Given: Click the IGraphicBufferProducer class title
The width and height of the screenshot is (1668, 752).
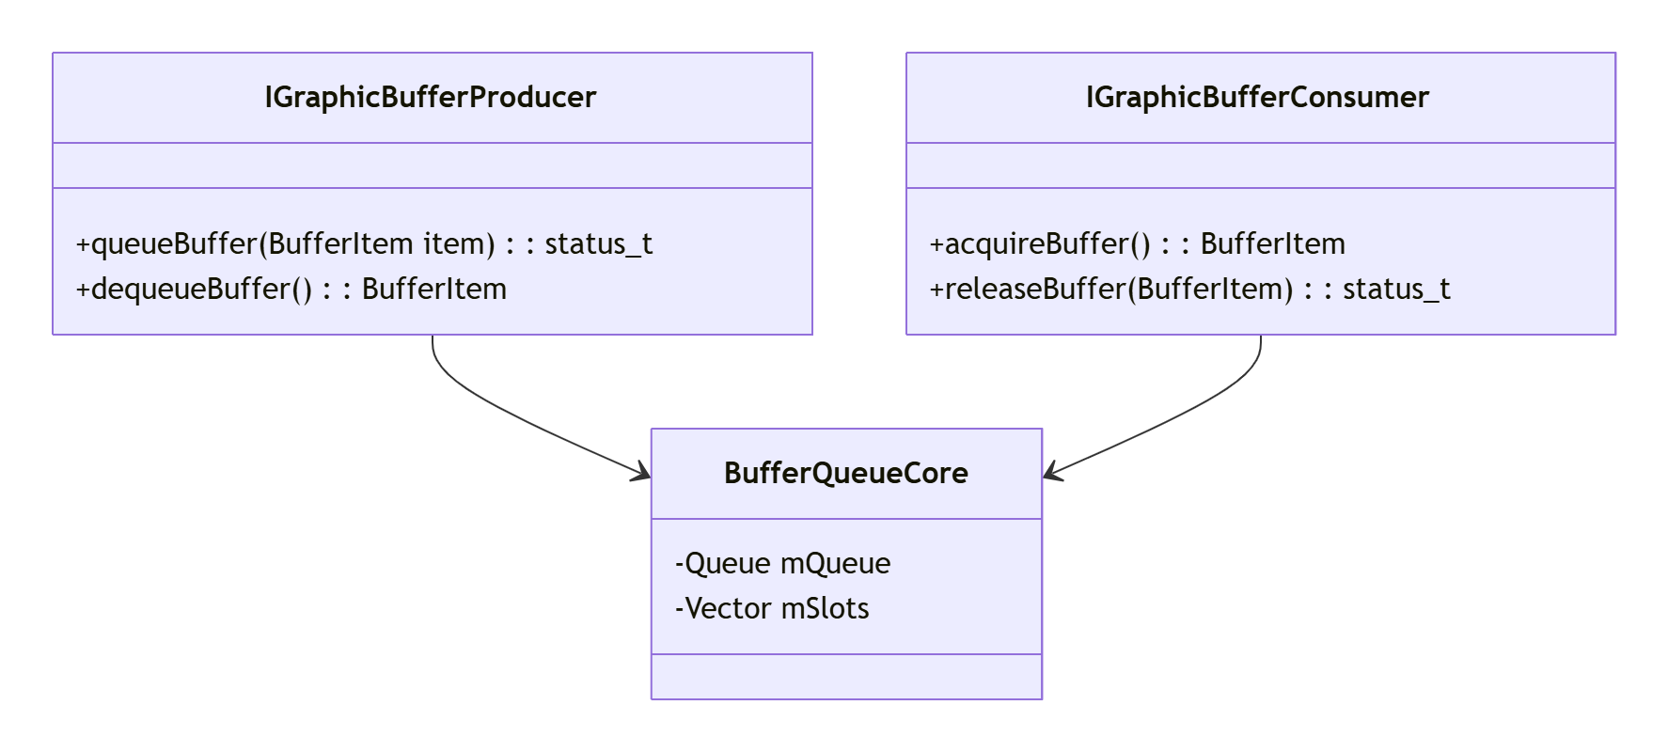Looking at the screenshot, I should pyautogui.click(x=431, y=97).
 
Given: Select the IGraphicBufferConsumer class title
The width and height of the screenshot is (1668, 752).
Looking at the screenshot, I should pyautogui.click(x=1257, y=97).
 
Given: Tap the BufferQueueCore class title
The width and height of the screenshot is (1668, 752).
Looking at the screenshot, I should pyautogui.click(x=846, y=473).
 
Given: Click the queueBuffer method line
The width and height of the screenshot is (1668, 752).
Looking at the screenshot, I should pyautogui.click(x=364, y=243).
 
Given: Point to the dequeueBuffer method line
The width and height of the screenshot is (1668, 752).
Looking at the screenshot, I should pyautogui.click(x=291, y=289).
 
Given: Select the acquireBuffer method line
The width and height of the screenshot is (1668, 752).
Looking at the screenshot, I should pyautogui.click(x=1137, y=243).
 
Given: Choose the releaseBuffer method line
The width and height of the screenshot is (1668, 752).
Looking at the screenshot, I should pyautogui.click(x=1189, y=289).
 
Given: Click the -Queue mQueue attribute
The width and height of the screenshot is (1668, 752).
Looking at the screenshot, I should pyautogui.click(x=782, y=563).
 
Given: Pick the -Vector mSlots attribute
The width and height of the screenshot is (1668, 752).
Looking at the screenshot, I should pyautogui.click(x=772, y=608).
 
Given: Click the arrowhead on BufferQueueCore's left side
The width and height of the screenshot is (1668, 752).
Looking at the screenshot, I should pyautogui.click(x=642, y=473).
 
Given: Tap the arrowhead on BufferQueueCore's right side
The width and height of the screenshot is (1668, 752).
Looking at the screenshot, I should pyautogui.click(x=1052, y=473).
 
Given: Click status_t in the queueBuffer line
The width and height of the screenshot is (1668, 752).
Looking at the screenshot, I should pyautogui.click(x=599, y=243).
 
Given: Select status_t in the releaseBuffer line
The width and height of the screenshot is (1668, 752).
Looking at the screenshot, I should pyautogui.click(x=1396, y=289).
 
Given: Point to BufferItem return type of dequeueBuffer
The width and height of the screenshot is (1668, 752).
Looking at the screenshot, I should pyautogui.click(x=434, y=289).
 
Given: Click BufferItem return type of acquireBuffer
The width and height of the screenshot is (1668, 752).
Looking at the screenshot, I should pyautogui.click(x=1273, y=243).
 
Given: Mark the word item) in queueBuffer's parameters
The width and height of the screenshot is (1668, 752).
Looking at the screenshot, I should pyautogui.click(x=459, y=243).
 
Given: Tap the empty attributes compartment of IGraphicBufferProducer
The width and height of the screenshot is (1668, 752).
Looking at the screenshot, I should pyautogui.click(x=433, y=165).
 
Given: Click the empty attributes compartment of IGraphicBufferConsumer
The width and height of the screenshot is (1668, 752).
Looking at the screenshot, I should pyautogui.click(x=1260, y=165).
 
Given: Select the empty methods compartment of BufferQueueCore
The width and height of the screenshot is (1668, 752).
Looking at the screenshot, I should pyautogui.click(x=846, y=677).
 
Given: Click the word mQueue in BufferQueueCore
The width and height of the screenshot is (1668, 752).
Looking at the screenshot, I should pyautogui.click(x=835, y=563).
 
